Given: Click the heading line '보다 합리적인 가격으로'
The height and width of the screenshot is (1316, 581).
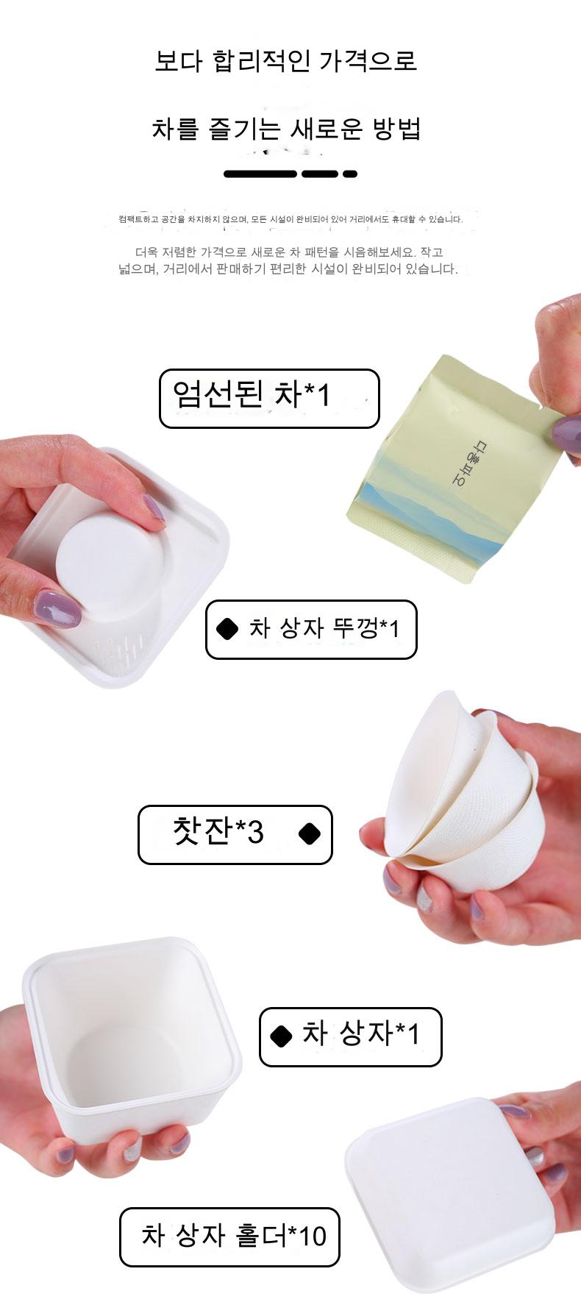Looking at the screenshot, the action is [285, 60].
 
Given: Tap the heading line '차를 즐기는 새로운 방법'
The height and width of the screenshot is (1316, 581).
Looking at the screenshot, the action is [286, 129].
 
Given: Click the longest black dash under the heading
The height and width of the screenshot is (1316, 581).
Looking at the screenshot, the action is [260, 174].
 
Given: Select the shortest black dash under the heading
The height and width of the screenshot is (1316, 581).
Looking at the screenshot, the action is [350, 174].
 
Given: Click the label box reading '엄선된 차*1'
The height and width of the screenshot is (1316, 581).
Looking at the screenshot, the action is [269, 399].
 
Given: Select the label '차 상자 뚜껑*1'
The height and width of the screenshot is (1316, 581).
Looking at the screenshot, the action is [311, 630].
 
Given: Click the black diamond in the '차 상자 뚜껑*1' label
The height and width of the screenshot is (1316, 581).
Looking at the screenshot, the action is [228, 630].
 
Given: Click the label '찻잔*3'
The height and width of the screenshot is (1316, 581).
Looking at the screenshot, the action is [235, 835].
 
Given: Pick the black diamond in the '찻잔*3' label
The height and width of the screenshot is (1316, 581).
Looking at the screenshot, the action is [310, 834].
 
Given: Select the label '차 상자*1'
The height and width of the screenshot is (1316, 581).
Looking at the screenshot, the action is [350, 1036].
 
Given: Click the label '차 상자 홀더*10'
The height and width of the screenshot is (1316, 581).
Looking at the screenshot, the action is [230, 1237].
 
